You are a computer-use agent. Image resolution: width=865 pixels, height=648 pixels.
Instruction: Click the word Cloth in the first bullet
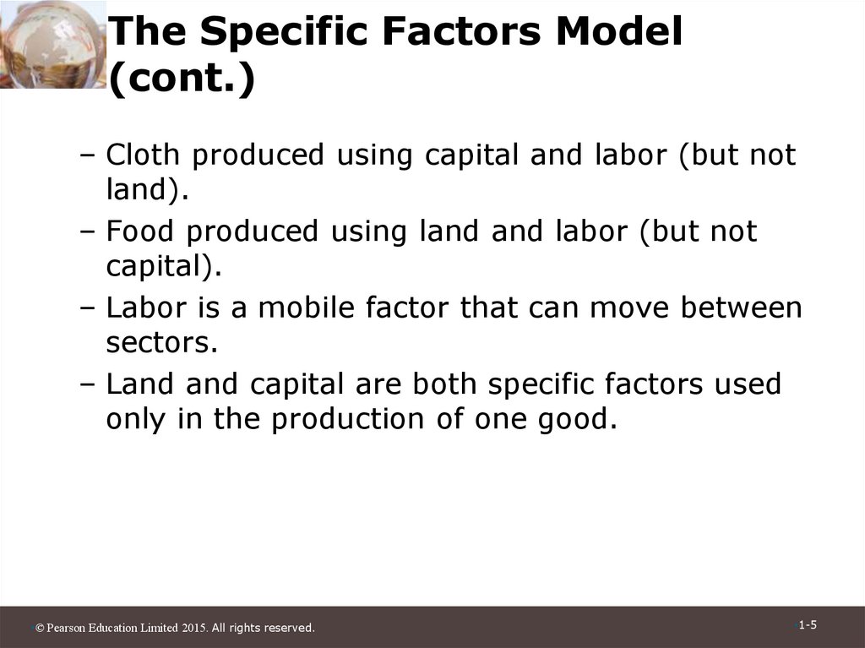141,155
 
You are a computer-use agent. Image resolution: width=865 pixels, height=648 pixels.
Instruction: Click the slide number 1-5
808,625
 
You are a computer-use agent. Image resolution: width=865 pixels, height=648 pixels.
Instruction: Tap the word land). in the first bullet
145,191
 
